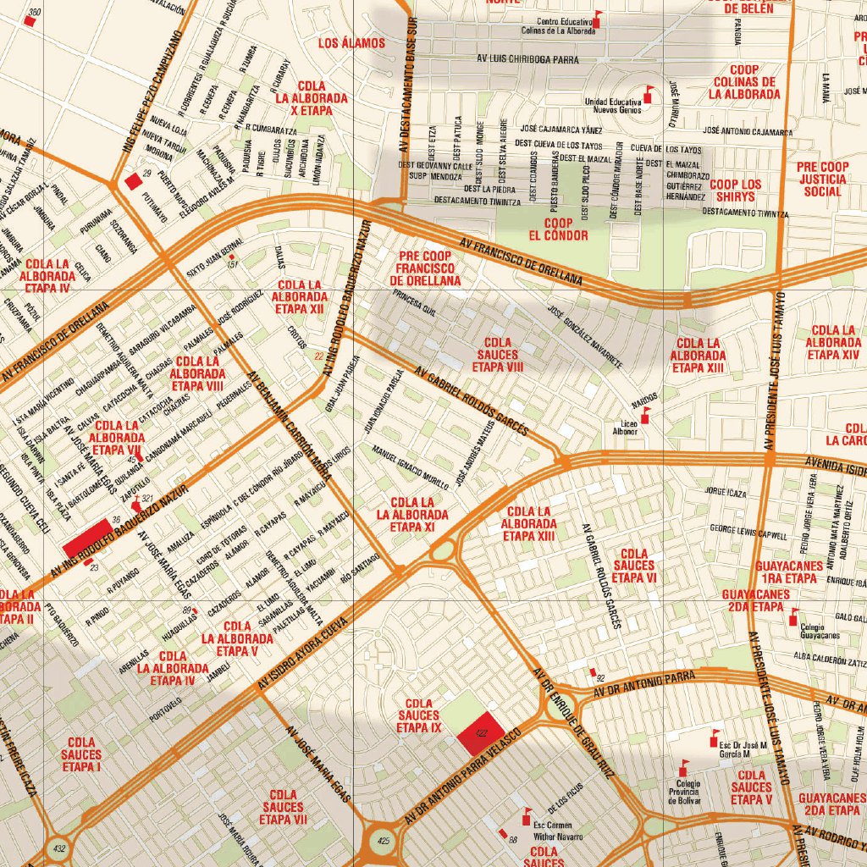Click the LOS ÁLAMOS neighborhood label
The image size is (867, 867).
click(x=351, y=43)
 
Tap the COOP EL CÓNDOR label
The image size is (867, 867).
click(x=558, y=229)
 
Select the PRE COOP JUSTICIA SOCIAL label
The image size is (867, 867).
click(x=822, y=179)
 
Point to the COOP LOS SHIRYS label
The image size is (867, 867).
click(x=735, y=191)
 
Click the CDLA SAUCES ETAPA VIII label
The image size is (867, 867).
click(x=498, y=355)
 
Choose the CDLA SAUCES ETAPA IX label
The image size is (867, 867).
click(x=419, y=715)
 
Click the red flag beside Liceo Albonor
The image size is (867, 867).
click(x=646, y=414)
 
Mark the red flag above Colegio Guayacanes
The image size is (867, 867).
click(x=793, y=616)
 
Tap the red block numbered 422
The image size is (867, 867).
click(x=481, y=732)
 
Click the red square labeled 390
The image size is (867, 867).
click(x=30, y=21)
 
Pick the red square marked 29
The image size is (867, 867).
click(x=132, y=181)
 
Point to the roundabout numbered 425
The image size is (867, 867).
click(x=382, y=842)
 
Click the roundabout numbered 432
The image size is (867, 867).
click(x=58, y=848)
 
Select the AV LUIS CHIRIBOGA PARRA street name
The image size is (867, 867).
click(x=527, y=60)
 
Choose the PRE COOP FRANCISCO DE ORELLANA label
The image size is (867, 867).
click(x=425, y=267)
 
